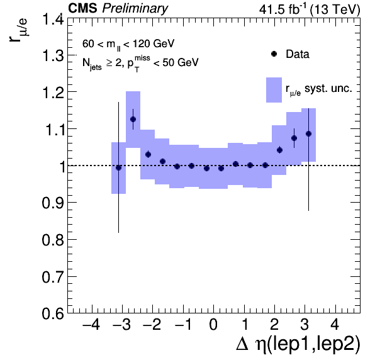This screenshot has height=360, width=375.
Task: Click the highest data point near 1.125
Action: coord(133,119)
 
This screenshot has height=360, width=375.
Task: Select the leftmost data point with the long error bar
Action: coord(118,168)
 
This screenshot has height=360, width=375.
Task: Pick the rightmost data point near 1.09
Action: coord(308,133)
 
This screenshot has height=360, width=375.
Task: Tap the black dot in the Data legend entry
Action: coord(274,54)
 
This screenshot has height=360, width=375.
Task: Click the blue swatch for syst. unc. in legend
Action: coord(274,90)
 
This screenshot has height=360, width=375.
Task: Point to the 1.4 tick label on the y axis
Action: coord(53,19)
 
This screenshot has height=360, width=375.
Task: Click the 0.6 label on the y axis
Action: coord(53,313)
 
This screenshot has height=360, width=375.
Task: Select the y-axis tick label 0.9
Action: coord(53,203)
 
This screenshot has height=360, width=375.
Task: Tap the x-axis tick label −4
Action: coord(91,325)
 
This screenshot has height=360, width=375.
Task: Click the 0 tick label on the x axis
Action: coord(213,325)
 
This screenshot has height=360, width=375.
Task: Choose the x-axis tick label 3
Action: coord(305,325)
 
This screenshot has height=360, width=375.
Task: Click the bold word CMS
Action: coord(83,8)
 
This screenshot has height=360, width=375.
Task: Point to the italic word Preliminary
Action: coord(135,9)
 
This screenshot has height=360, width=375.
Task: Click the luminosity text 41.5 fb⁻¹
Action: coord(283,9)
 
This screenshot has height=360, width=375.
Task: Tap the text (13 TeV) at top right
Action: coord(335,10)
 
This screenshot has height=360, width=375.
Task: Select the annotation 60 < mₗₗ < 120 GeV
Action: coord(128,44)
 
